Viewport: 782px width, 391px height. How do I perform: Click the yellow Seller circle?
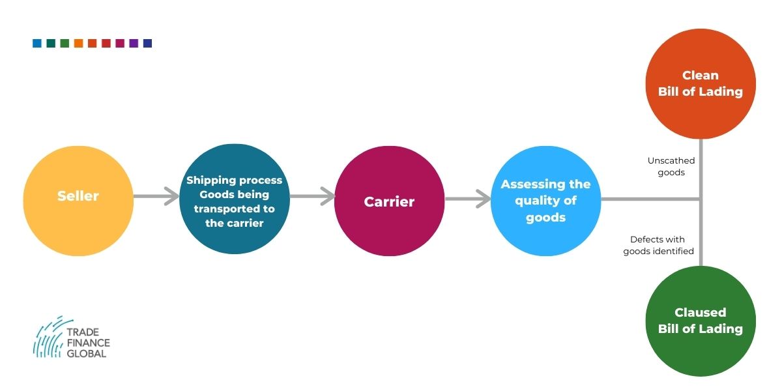click(78, 200)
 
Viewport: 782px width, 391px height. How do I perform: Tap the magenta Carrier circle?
click(389, 201)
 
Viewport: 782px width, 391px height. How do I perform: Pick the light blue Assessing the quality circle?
click(545, 201)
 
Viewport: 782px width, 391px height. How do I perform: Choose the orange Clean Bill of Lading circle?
click(701, 83)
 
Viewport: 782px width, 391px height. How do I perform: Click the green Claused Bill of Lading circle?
click(701, 321)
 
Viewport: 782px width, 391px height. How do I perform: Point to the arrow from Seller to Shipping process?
click(156, 195)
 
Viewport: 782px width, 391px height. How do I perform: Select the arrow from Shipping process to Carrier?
click(312, 195)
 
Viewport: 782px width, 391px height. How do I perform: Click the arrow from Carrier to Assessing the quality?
click(468, 199)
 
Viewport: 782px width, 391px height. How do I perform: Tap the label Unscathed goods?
click(671, 167)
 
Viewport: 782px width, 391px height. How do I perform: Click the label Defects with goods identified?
click(658, 245)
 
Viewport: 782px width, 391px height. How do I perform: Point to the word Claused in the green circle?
click(701, 312)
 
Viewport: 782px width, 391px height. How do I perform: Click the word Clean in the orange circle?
click(701, 75)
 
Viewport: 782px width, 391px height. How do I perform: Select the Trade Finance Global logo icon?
click(50, 337)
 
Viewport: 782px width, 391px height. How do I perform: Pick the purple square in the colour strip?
click(134, 44)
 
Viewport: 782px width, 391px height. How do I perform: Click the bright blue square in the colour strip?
click(37, 44)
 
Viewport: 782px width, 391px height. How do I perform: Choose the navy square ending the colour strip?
click(147, 44)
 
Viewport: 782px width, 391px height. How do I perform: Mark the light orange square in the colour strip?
click(78, 44)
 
